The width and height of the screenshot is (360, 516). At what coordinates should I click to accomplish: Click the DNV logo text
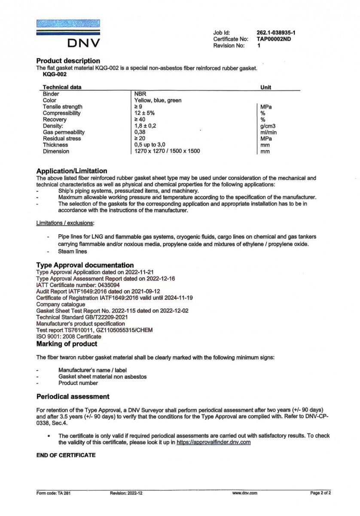point(83,43)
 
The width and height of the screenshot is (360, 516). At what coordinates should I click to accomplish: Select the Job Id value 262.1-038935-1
point(278,33)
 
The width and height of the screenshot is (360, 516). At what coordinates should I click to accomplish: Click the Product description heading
point(68,61)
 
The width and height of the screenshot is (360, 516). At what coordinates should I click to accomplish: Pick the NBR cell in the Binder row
point(140,94)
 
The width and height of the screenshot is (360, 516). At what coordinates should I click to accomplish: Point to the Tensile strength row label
point(63,107)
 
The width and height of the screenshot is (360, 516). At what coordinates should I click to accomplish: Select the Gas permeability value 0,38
point(140,132)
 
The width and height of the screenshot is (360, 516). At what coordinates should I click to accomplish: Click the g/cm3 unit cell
point(268,126)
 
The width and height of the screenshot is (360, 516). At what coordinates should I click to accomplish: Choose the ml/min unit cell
point(268,132)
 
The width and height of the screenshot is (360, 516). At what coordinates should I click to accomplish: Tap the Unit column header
point(266,87)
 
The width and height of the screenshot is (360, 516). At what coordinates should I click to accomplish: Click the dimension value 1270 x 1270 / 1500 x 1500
point(167,151)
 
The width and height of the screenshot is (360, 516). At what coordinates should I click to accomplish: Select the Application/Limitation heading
point(72,171)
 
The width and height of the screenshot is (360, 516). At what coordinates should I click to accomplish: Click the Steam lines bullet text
point(72,252)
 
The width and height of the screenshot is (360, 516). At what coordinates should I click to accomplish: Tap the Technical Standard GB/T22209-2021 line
point(82,317)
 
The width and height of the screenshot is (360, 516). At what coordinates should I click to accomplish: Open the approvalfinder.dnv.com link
point(214,442)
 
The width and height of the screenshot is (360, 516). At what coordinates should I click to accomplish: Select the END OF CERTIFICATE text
point(66,455)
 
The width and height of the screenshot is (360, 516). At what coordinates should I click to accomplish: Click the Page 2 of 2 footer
point(320,493)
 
